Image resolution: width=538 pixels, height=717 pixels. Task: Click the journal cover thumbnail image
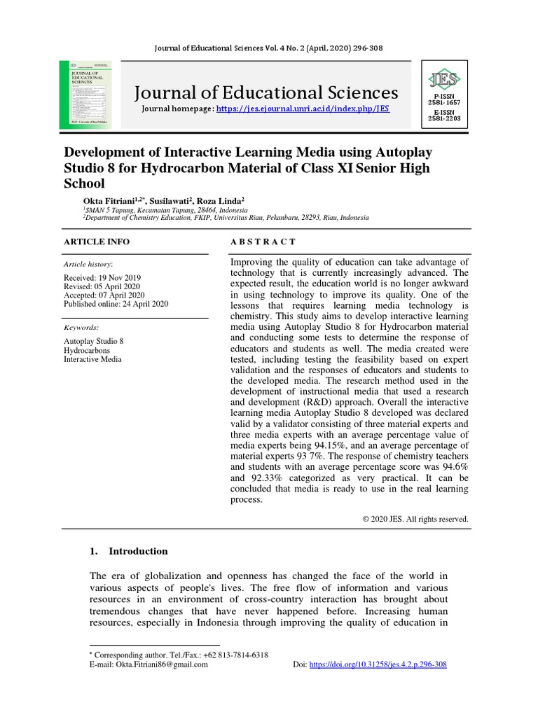[x=88, y=94]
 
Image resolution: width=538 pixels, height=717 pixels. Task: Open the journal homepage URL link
[x=303, y=109]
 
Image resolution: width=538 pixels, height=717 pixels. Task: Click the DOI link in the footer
[x=378, y=664]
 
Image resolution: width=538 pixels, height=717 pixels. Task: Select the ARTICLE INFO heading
[x=97, y=242]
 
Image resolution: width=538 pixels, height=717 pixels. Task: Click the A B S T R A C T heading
[x=263, y=242]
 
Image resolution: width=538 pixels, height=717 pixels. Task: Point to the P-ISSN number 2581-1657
[x=445, y=102]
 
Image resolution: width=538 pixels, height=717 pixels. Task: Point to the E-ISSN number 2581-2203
[x=445, y=118]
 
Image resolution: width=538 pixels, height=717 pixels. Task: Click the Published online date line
[x=116, y=304]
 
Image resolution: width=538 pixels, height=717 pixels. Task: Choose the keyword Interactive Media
[x=92, y=359]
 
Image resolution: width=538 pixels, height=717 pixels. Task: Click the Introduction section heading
[x=138, y=551]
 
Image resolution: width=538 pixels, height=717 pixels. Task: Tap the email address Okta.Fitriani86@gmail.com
[x=163, y=664]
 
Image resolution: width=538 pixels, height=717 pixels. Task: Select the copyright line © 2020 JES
[x=415, y=520]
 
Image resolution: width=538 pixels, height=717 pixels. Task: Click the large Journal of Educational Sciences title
[x=265, y=92]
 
